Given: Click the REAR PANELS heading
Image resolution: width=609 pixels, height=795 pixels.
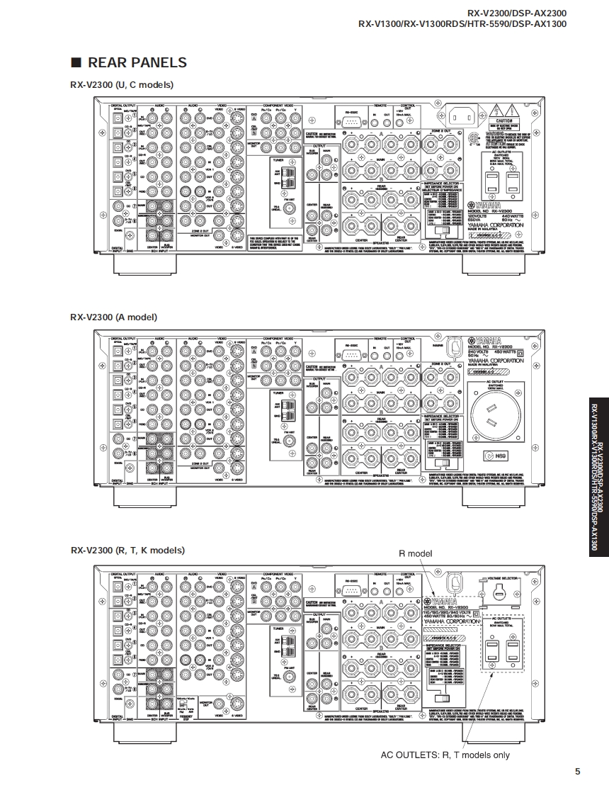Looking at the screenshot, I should pyautogui.click(x=128, y=62).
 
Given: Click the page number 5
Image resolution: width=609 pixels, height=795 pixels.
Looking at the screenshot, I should pyautogui.click(x=577, y=772).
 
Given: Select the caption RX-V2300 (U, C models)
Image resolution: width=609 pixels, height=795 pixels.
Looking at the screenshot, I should pyautogui.click(x=121, y=85).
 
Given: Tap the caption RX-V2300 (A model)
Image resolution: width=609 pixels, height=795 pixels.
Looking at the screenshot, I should pyautogui.click(x=113, y=317).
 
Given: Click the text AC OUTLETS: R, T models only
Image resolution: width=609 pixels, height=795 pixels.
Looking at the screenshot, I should pyautogui.click(x=445, y=755).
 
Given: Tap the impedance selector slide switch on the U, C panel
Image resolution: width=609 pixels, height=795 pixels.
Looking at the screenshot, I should pyautogui.click(x=443, y=230).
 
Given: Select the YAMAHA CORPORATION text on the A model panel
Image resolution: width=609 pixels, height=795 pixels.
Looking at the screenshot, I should pyautogui.click(x=496, y=361).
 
